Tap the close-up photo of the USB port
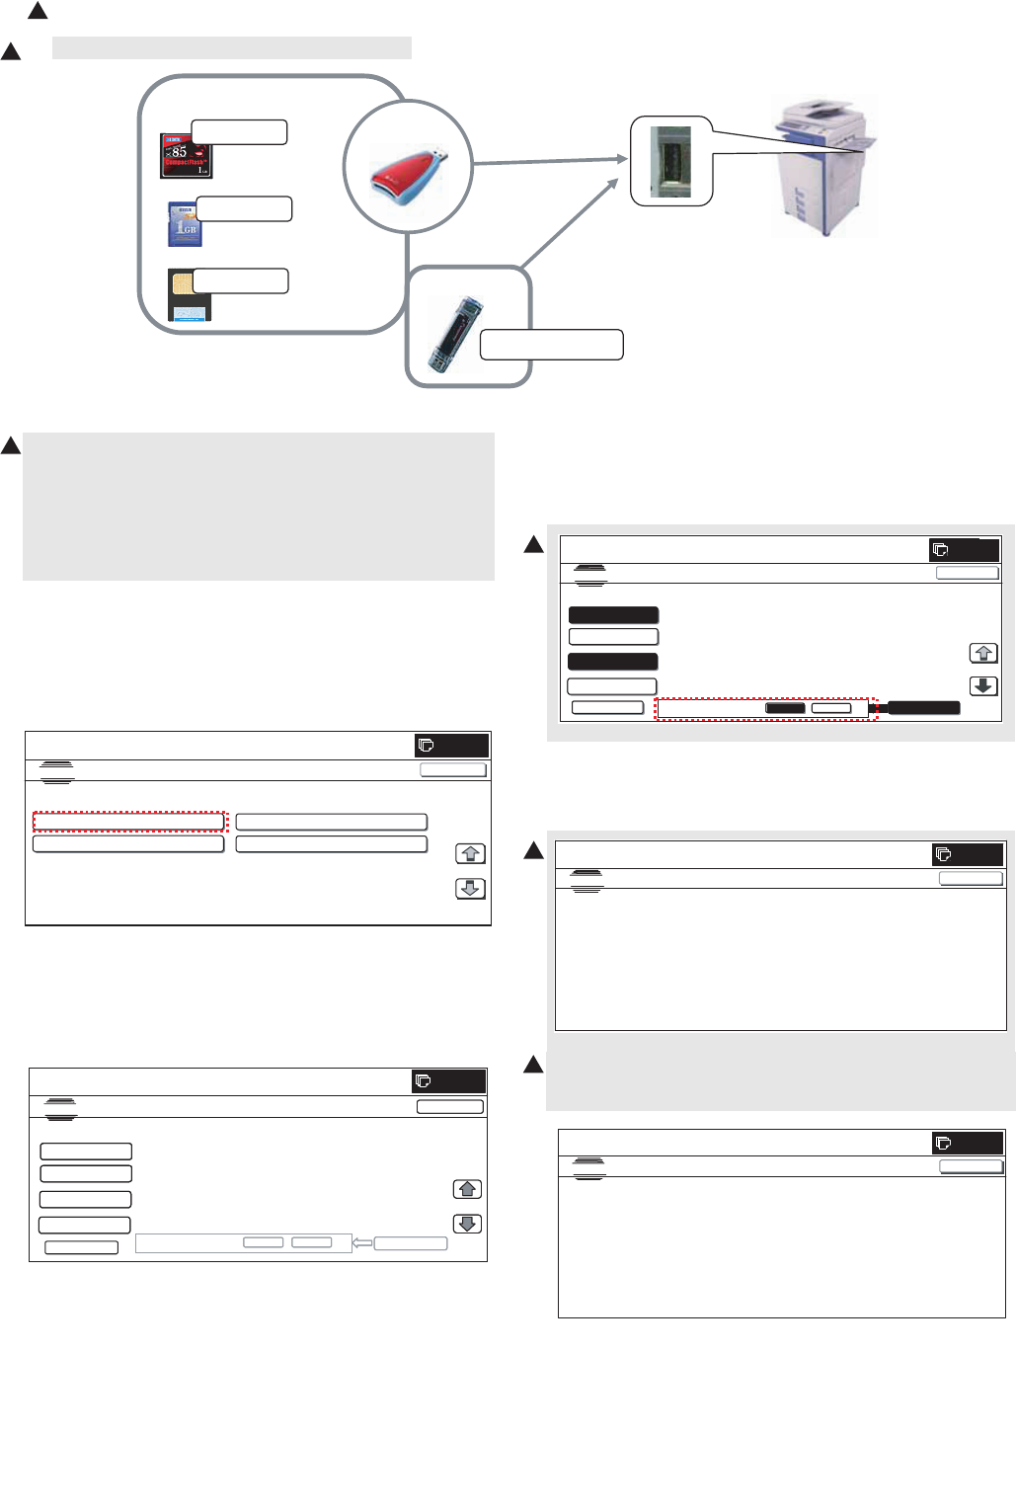[x=670, y=161]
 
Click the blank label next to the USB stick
[x=551, y=345]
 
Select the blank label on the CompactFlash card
[x=239, y=132]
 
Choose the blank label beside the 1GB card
[x=244, y=208]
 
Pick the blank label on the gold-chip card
[x=240, y=280]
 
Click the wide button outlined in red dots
[x=129, y=822]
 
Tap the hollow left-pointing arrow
[x=362, y=1242]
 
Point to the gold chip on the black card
[x=183, y=284]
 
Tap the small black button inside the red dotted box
[x=786, y=708]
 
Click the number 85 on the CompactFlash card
[x=178, y=152]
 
